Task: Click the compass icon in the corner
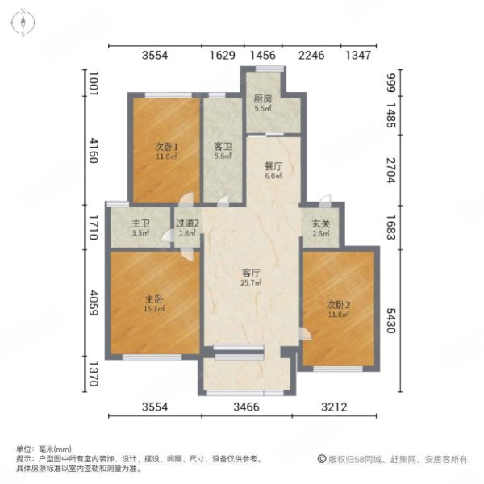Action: pyautogui.click(x=25, y=22)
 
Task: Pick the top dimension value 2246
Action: pyautogui.click(x=311, y=56)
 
